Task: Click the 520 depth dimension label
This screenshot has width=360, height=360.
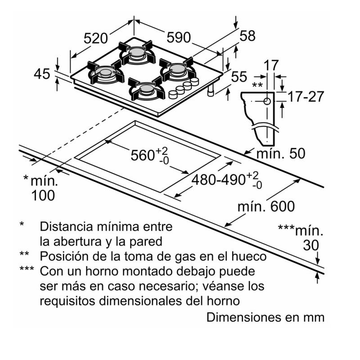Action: click(96, 38)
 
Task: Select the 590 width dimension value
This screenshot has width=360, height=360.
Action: click(178, 38)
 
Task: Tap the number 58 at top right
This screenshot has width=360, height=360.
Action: click(247, 36)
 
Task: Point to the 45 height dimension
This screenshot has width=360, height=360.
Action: click(42, 74)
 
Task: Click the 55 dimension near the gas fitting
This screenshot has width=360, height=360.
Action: click(239, 77)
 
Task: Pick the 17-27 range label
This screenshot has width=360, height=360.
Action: click(306, 96)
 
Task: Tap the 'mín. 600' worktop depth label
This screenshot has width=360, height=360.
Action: click(266, 207)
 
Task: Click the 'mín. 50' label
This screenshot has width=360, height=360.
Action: click(280, 153)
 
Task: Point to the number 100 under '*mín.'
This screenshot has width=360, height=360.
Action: click(44, 195)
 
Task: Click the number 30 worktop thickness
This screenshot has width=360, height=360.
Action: click(310, 245)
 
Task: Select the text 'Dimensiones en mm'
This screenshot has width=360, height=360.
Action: click(265, 317)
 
